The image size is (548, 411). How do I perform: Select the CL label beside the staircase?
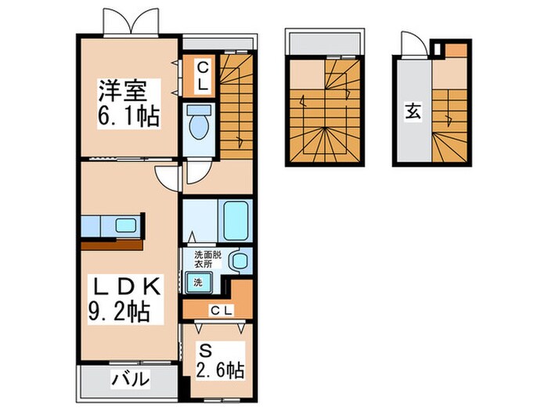point(200,75)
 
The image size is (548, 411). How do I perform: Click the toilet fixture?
point(199,124)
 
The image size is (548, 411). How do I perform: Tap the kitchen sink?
point(125,225)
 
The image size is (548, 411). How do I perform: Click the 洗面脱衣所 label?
point(207,258)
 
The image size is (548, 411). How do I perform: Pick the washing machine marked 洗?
point(197,281)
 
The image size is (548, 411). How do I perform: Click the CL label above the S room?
point(220,311)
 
